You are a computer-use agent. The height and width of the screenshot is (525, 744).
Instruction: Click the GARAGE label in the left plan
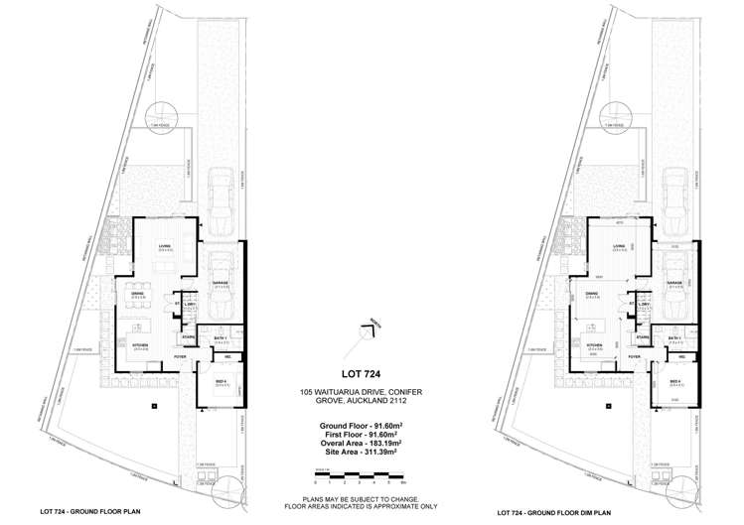tap(220, 282)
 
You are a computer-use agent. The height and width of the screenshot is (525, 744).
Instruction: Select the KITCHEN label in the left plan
tap(140, 345)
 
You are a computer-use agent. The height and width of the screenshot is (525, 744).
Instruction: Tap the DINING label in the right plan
tap(590, 294)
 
